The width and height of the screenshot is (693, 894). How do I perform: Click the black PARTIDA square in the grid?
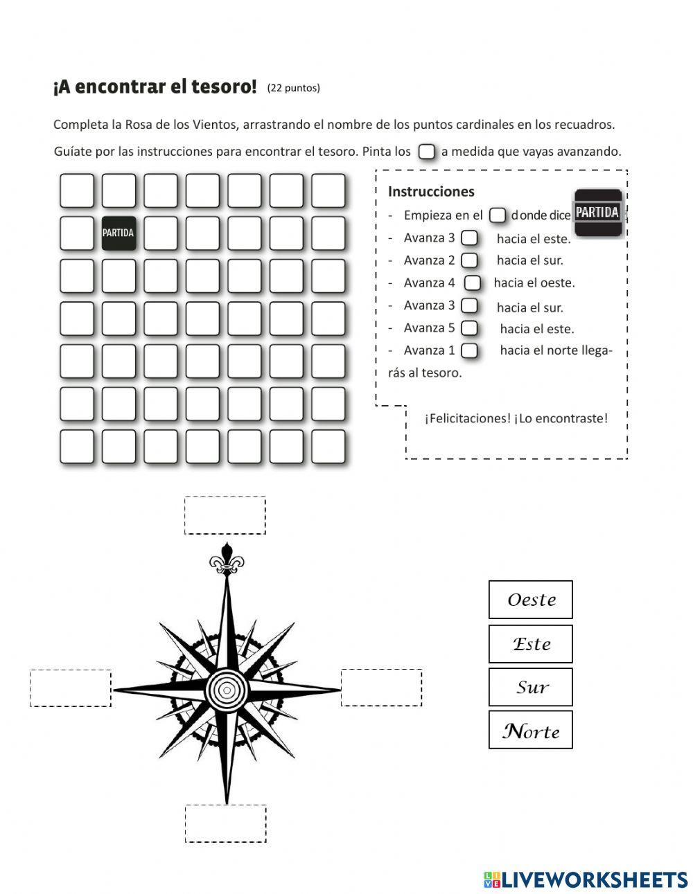coord(119,233)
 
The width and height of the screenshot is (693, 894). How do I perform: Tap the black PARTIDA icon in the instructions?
coord(598,213)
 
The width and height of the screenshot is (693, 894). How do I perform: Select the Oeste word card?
coord(531,600)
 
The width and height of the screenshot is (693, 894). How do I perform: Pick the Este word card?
coord(531,644)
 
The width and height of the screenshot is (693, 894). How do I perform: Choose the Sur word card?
coord(531,687)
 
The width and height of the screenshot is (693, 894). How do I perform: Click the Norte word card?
coord(531,730)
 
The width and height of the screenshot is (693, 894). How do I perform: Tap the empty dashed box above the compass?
coord(225,515)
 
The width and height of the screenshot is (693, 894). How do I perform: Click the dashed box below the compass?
coord(225,823)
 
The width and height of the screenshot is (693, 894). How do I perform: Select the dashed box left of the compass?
coord(70,688)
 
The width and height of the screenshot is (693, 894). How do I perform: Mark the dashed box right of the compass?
coord(381,688)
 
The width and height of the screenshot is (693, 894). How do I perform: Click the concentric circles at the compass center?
coord(226,690)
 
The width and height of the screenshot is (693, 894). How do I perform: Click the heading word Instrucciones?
coord(431,192)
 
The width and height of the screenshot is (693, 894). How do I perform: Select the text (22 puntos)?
coord(293,88)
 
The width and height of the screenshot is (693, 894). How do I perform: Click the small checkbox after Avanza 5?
coord(469,328)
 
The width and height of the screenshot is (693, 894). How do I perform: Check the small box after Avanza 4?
coord(473,283)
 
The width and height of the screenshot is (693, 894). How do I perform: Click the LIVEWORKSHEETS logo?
coord(586,879)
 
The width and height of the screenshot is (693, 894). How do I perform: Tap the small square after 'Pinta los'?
coord(427,152)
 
